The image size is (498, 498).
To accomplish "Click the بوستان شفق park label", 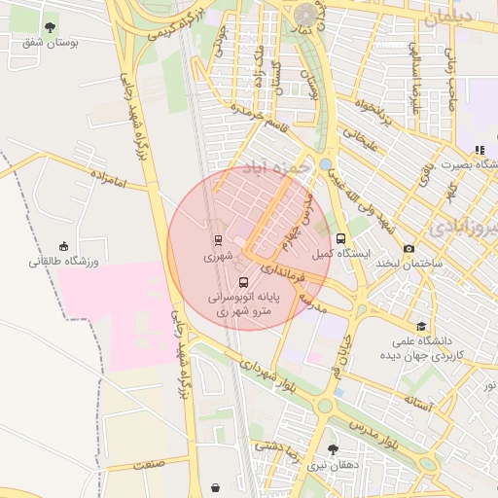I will coord(51,43).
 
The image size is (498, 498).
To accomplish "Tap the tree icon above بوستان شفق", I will coord(51,26).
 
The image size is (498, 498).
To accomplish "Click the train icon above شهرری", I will coord(218,240).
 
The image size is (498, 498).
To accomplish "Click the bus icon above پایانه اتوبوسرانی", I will coord(243,283).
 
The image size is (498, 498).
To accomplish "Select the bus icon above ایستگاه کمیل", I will coord(340,238).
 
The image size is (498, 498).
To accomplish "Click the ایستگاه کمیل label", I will coord(340,254).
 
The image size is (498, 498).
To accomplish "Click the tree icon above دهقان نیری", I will coord(334,449).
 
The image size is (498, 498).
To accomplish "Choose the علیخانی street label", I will coord(354,147).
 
